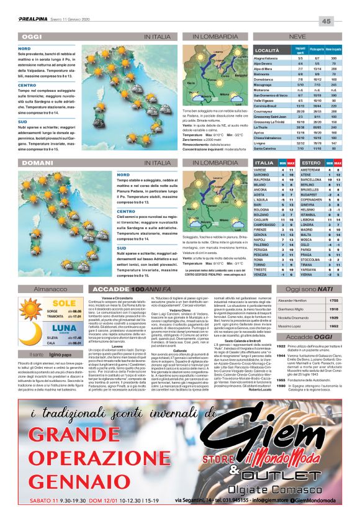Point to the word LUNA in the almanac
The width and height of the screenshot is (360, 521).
(45, 327)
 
